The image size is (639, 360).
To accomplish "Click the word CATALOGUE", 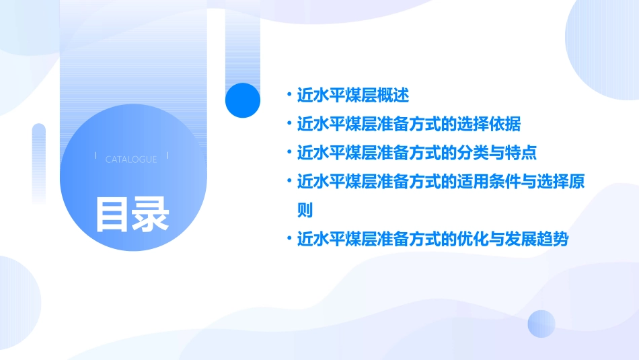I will click(131, 159).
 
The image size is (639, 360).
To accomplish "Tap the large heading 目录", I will click(132, 213).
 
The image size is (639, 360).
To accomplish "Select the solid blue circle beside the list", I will click(242, 100).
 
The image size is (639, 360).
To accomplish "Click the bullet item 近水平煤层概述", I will click(353, 96).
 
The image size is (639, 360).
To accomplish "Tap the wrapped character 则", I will click(305, 210).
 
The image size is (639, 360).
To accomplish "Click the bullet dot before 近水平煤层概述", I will click(289, 96).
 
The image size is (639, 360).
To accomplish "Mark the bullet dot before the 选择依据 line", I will click(289, 124).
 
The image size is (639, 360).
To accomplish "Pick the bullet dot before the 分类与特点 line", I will click(289, 153).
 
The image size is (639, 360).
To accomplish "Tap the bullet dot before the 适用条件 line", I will click(289, 182).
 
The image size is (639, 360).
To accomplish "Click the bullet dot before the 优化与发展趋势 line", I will click(289, 239).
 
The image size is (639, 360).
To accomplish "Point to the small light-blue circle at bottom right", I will click(541, 324).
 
